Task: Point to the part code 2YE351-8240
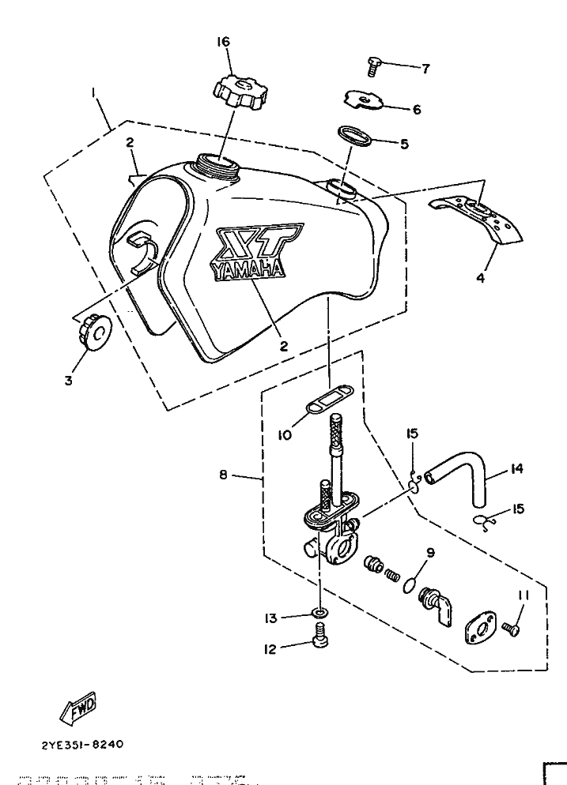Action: (x=79, y=744)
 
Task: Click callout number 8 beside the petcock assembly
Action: (x=225, y=475)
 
